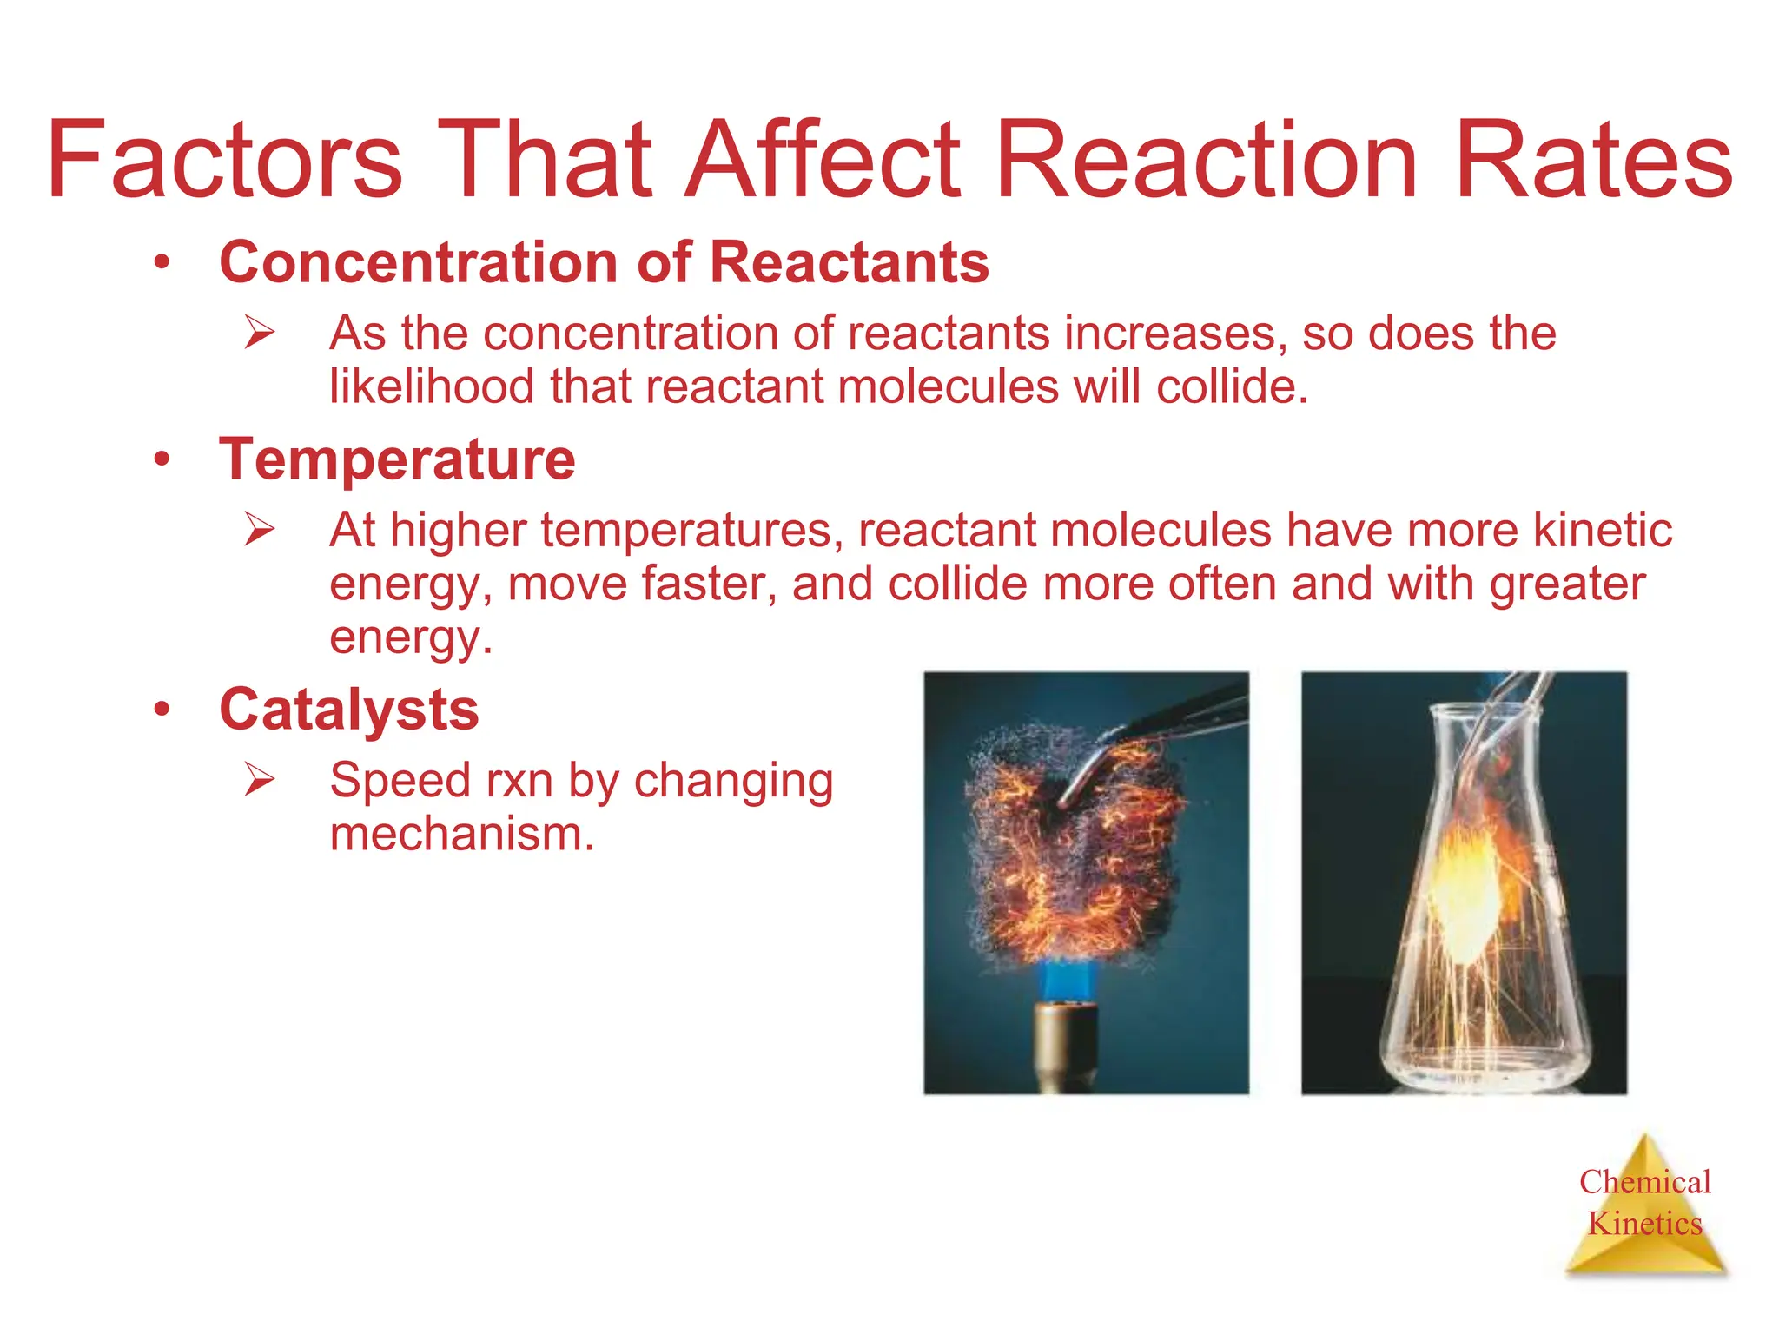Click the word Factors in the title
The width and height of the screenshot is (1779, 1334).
click(224, 161)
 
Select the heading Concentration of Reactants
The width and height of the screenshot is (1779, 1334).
click(604, 262)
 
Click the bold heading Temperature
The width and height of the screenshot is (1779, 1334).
click(397, 459)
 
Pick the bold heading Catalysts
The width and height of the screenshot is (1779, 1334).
click(348, 710)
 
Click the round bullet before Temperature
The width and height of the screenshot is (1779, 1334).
click(162, 459)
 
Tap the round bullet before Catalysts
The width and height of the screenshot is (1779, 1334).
click(162, 710)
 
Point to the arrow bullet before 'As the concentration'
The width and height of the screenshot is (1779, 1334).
click(259, 333)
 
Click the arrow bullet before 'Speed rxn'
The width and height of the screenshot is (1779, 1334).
click(259, 779)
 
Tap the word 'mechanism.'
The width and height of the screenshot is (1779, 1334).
click(462, 834)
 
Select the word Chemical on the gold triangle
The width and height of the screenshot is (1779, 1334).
click(1644, 1182)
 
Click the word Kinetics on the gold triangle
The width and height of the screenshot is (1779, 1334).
click(1644, 1224)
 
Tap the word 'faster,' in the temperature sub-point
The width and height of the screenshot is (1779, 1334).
click(709, 584)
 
